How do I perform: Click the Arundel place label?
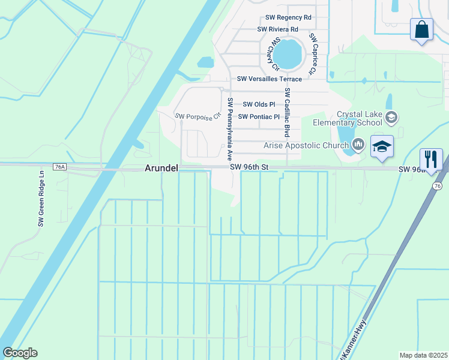(x=161, y=169)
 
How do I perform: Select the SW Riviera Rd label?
(x=278, y=29)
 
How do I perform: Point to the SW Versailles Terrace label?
(x=270, y=79)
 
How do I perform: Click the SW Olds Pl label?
(x=258, y=104)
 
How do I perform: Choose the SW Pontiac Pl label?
(x=259, y=117)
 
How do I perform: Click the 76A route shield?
(x=59, y=167)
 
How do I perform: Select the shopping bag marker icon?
(x=422, y=29)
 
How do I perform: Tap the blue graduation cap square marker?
(x=382, y=147)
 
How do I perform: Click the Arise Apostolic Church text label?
(x=306, y=145)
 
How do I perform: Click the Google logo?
(x=20, y=353)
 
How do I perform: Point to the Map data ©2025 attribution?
(x=423, y=355)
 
